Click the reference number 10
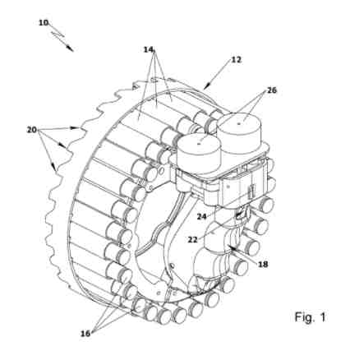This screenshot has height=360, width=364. tap(44, 22)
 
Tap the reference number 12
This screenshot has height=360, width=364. tap(236, 59)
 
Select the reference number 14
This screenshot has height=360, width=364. tap(149, 49)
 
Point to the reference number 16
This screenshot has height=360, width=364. tap(85, 334)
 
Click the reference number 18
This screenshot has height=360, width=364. tap(263, 265)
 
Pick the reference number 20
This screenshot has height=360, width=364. tap(32, 130)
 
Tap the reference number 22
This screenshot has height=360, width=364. tap(193, 239)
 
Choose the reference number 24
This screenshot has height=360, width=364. tap(202, 216)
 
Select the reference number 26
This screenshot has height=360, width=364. tap(272, 90)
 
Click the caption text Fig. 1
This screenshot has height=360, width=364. tap(311, 317)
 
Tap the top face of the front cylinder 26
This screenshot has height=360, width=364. tap(200, 143)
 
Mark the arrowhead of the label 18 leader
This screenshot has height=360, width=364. tap(229, 247)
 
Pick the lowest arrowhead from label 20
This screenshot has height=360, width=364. tap(55, 167)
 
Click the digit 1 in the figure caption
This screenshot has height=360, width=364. tap(323, 317)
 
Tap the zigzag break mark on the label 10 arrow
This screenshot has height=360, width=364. tap(58, 35)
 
